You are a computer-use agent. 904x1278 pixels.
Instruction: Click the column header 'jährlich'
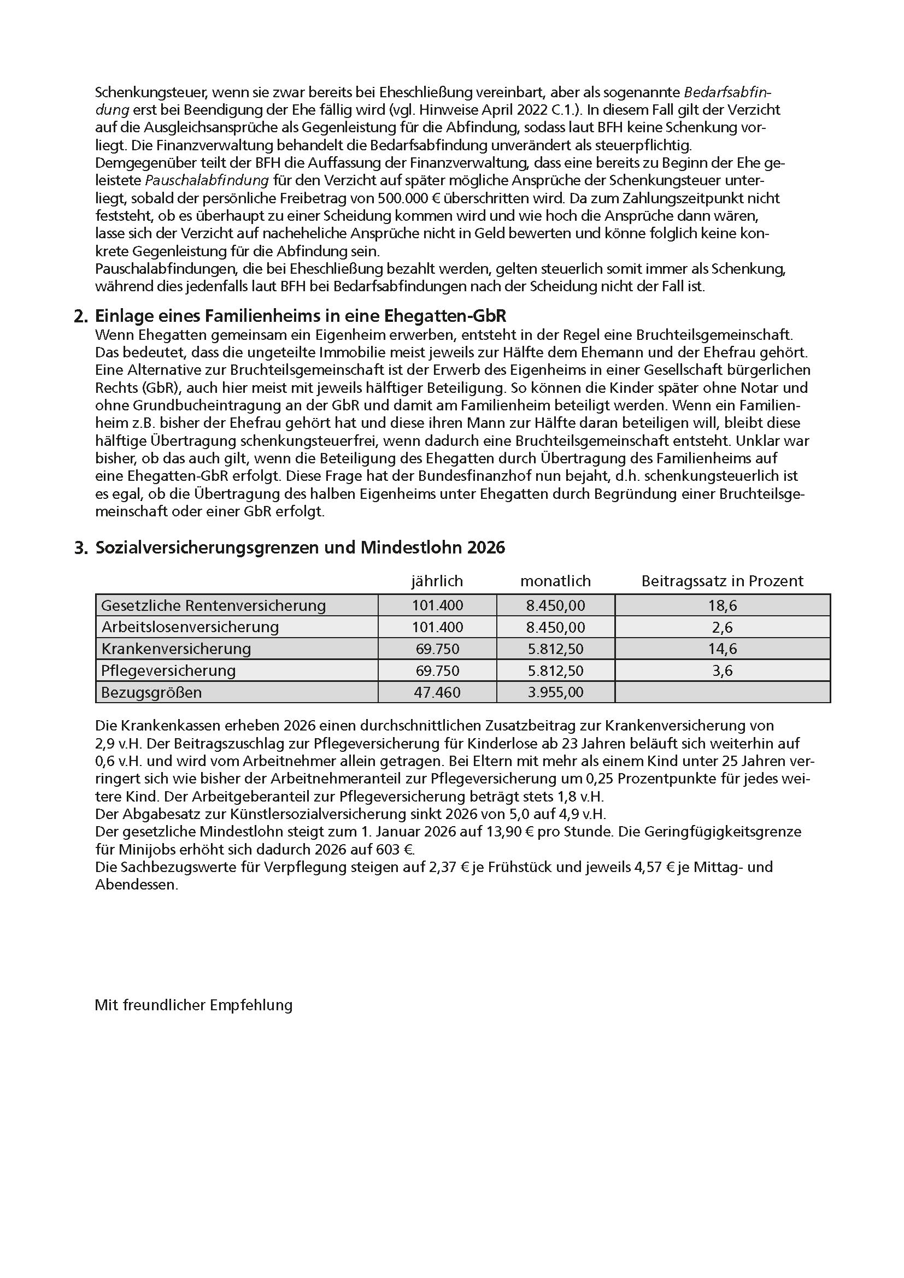(x=437, y=581)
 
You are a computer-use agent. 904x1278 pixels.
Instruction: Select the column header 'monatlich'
(x=555, y=581)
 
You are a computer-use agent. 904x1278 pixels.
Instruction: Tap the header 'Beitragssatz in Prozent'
(x=722, y=581)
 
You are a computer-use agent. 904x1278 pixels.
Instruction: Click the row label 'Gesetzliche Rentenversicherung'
(x=213, y=605)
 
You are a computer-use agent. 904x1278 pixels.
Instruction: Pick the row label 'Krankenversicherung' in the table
(x=176, y=649)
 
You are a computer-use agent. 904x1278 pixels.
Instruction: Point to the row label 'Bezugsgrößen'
(x=151, y=692)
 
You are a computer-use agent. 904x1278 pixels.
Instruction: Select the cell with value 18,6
(x=722, y=605)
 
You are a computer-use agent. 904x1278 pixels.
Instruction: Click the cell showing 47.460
(x=437, y=692)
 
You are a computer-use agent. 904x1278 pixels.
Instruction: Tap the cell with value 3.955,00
(x=555, y=692)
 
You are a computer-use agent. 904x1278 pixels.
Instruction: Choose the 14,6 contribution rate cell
(x=722, y=649)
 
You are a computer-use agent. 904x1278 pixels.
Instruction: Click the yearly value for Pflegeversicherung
(x=437, y=671)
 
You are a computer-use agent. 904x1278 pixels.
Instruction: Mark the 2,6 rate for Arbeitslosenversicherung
(x=722, y=627)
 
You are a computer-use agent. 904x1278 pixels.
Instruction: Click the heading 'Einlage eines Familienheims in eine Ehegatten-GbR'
(x=301, y=316)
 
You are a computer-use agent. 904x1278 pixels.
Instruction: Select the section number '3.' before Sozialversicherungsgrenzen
(x=81, y=548)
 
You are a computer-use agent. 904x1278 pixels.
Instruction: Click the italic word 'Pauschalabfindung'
(x=207, y=180)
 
